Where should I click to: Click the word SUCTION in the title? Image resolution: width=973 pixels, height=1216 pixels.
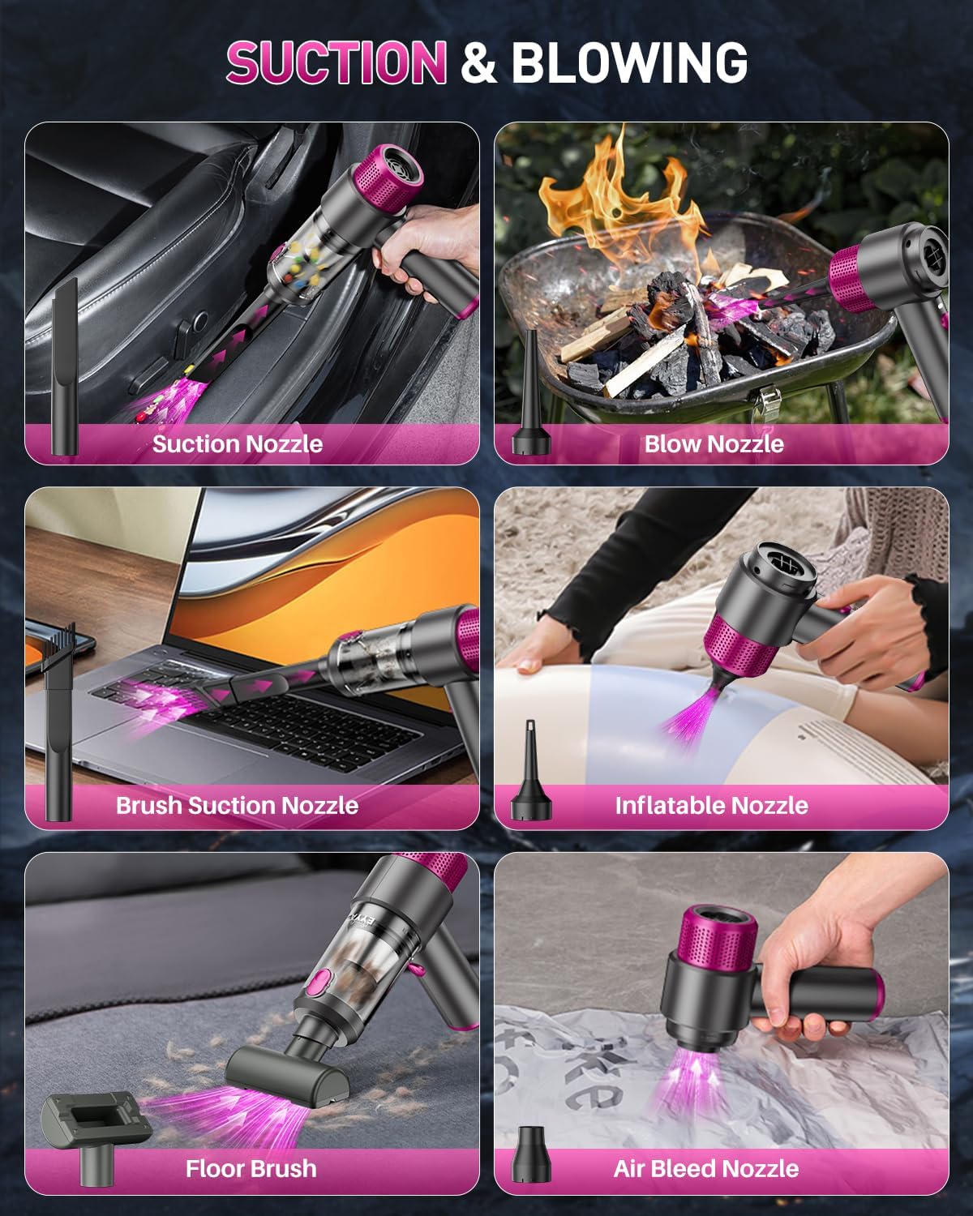pos(336,62)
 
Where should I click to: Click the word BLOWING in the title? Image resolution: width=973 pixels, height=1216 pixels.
pos(629,62)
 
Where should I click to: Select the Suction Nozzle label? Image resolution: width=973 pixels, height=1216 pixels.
pos(238,443)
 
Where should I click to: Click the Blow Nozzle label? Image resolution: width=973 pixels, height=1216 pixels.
pos(714,443)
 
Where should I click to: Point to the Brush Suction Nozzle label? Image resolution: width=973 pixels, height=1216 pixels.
pos(237,805)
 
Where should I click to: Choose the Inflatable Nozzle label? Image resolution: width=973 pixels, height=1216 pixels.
pos(711,805)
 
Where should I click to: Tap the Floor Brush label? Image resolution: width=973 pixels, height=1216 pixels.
pos(251,1168)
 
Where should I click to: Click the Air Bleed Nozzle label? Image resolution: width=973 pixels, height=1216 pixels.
pos(706,1168)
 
